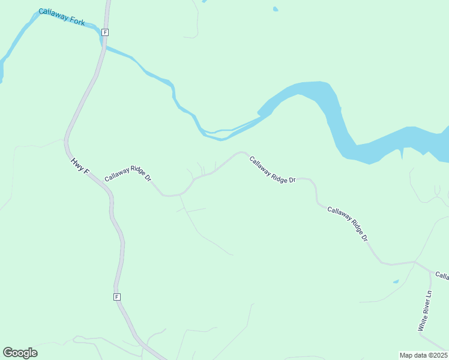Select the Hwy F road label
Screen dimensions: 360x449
80,167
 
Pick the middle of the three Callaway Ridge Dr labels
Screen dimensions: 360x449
273,170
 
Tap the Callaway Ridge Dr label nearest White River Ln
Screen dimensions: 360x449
348,223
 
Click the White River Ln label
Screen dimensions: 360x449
425,311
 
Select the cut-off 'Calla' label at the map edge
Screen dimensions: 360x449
442,276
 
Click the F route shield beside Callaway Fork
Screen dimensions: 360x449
105,32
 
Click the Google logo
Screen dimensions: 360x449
20,353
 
